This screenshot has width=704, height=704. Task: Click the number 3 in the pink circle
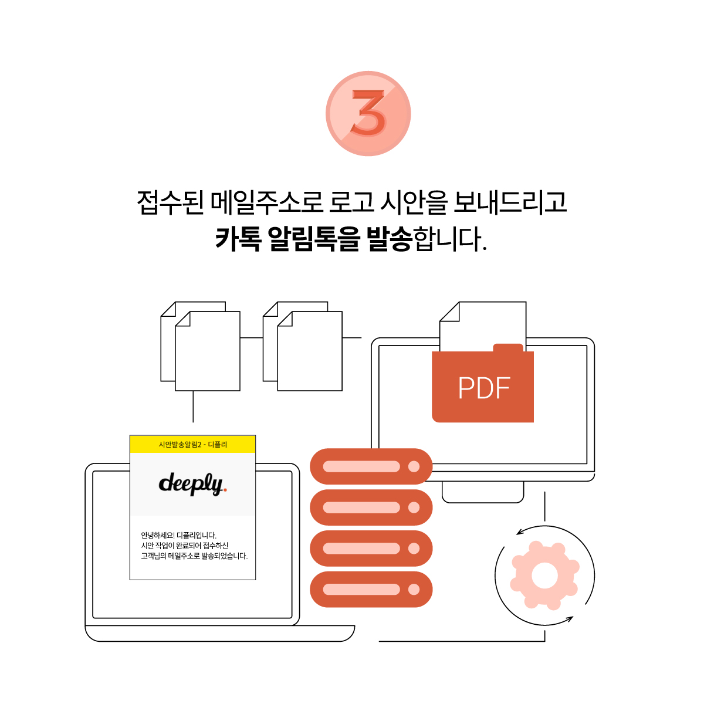click(368, 113)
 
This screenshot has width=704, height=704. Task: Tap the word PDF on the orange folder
click(484, 388)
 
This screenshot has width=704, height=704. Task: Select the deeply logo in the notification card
click(192, 484)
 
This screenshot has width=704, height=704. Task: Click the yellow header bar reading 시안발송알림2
click(192, 444)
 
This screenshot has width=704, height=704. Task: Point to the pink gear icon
click(544, 576)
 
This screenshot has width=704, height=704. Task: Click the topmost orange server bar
click(371, 466)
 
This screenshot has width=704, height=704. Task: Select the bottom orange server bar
click(371, 589)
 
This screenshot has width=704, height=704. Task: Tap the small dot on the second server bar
click(414, 507)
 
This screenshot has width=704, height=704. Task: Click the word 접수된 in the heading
click(170, 202)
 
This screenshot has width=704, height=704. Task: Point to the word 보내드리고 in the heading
click(510, 202)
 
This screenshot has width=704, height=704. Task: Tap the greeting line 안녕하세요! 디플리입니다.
click(179, 535)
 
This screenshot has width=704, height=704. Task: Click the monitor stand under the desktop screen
click(483, 492)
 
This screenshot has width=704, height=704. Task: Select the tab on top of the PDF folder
click(508, 347)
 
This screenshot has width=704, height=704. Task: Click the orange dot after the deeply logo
click(225, 490)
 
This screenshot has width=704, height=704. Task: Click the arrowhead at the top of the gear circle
click(520, 532)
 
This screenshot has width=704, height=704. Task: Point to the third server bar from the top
click(371, 549)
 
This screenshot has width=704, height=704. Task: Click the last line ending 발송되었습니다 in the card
click(194, 556)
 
